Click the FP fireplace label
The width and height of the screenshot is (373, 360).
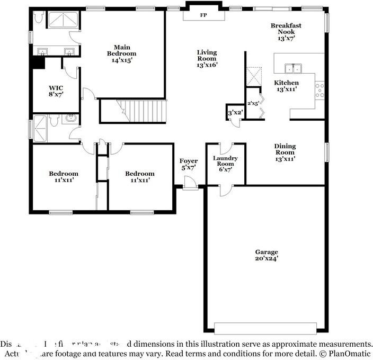pos(203,15)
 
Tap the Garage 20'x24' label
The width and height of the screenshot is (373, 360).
pos(266,255)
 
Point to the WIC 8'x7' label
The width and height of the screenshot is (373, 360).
pos(56,91)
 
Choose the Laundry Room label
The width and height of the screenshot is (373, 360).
pos(225,163)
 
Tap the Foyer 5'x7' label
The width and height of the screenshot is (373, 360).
pos(188,164)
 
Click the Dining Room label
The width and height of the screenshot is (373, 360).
pos(285,152)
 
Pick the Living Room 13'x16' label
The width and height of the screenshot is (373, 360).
pos(207,58)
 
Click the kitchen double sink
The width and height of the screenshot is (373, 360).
pos(292,68)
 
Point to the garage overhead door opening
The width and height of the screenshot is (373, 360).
pos(265,328)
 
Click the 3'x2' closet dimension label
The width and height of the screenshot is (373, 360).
pos(235,113)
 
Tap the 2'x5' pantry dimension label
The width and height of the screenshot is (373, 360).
pos(253,104)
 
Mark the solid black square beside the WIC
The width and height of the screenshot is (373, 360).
pos(37,62)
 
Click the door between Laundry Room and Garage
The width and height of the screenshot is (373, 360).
pos(225,188)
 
